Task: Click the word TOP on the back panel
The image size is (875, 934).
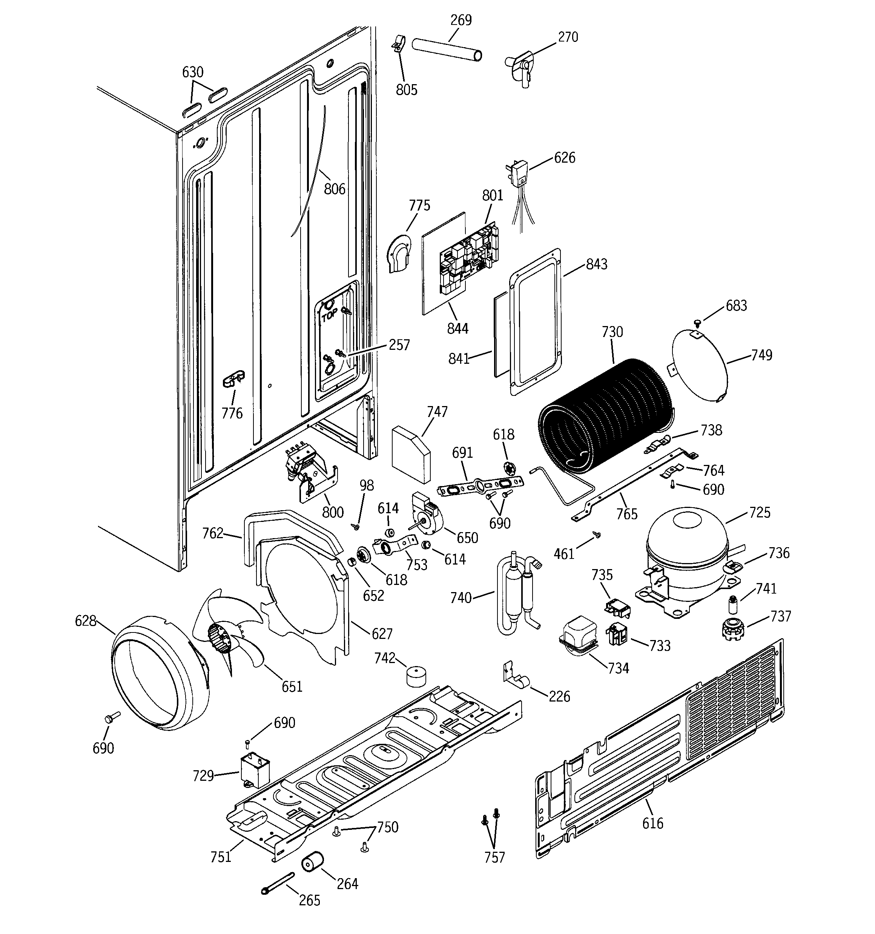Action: pyautogui.click(x=328, y=317)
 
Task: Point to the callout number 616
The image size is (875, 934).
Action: pyautogui.click(x=652, y=823)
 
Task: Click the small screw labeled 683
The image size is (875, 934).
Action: pyautogui.click(x=697, y=322)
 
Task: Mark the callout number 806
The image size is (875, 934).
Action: pyautogui.click(x=335, y=189)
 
